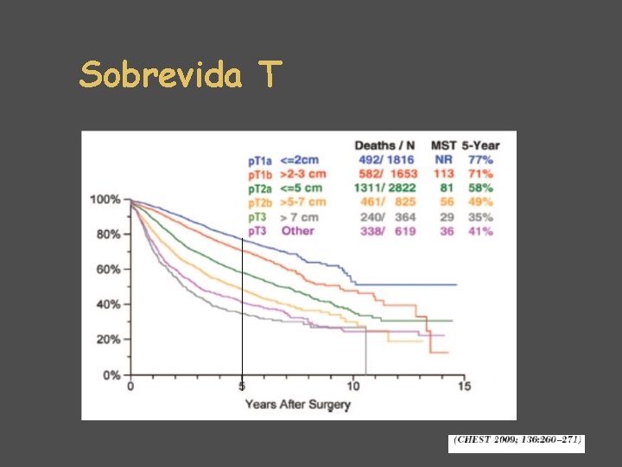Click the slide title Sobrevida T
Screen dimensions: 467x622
click(180, 76)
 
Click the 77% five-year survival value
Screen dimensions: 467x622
click(480, 159)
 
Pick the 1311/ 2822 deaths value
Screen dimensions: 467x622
click(385, 188)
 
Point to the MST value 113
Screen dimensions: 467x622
click(443, 174)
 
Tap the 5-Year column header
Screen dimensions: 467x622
click(479, 144)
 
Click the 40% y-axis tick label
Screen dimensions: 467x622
click(108, 304)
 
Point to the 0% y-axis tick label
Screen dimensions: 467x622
click(112, 374)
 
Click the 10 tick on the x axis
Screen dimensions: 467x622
click(353, 387)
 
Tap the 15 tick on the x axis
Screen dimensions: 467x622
click(464, 387)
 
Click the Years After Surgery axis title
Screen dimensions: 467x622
click(297, 404)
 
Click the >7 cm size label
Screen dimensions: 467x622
click(300, 217)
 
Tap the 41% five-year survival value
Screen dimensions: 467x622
click(480, 231)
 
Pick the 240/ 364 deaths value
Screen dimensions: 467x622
click(385, 217)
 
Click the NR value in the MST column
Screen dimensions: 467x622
click(443, 159)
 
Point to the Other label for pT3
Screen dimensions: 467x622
click(297, 231)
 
